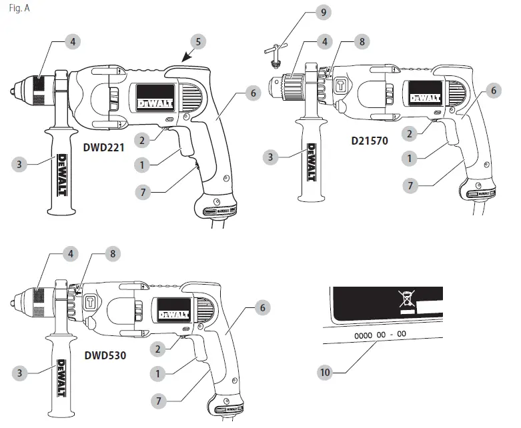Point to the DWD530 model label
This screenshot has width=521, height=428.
tap(105, 355)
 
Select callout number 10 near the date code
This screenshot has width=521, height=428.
tap(325, 373)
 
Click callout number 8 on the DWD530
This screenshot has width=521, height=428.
tap(113, 253)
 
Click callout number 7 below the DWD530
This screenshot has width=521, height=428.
tap(158, 400)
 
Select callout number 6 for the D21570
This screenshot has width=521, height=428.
tap(493, 90)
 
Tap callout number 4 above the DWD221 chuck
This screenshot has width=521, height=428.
tap(73, 41)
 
